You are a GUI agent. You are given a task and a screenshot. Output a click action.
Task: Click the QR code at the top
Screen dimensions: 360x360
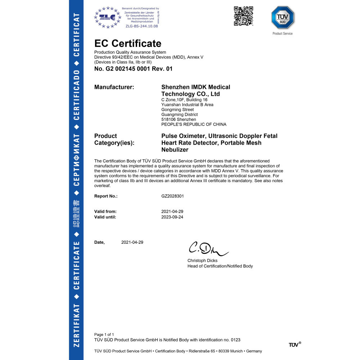point(244,16)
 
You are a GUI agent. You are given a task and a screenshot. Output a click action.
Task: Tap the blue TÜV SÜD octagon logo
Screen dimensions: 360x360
point(283,17)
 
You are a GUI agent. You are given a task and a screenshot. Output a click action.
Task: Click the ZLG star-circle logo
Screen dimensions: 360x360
point(107,17)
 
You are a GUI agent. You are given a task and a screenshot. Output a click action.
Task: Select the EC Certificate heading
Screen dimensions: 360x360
point(128,44)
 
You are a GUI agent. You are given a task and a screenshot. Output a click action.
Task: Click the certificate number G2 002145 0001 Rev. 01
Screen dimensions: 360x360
point(133,69)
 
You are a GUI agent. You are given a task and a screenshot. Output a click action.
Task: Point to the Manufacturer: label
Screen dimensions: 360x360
point(114,87)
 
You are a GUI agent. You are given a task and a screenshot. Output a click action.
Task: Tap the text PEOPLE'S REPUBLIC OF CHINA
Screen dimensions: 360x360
point(194,125)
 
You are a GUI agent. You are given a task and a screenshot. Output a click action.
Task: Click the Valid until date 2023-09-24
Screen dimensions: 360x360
point(172,217)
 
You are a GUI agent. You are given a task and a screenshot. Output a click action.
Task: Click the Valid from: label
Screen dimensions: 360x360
point(105,211)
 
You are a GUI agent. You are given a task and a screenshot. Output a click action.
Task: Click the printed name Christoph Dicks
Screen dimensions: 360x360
point(202,261)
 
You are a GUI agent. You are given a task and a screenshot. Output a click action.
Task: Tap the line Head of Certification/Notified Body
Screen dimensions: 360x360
point(220,266)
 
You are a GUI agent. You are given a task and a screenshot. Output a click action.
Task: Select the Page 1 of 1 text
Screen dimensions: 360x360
point(104,334)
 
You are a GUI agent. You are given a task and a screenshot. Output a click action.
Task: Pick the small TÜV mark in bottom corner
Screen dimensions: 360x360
point(294,345)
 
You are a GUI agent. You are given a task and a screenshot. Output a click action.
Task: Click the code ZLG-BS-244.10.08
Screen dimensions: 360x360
point(141,26)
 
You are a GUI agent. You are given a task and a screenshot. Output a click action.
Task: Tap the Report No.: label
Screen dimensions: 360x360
point(106,196)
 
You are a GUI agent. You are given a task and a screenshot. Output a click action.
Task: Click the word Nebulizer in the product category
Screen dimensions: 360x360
point(175,150)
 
